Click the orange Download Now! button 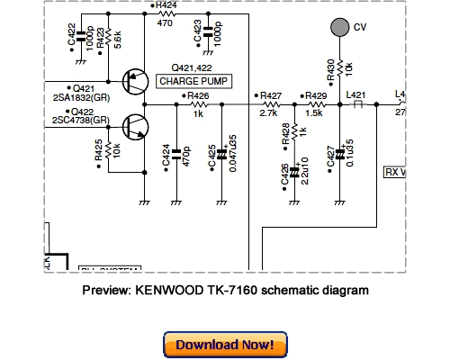coord(225,345)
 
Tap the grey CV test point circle coord(338,28)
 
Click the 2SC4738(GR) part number coord(80,120)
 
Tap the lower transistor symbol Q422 coord(135,127)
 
